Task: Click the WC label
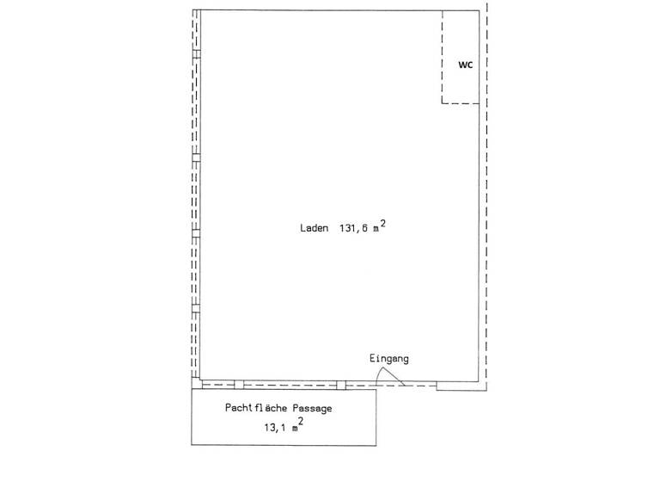coord(465,65)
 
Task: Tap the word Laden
coord(315,229)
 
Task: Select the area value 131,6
coord(354,229)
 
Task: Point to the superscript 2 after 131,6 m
coord(382,223)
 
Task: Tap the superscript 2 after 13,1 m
coord(301,420)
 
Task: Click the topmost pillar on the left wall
coord(196,53)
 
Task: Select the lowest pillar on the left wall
coord(196,307)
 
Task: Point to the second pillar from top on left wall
coord(196,158)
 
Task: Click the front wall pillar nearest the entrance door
coord(341,385)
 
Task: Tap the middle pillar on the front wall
coord(239,385)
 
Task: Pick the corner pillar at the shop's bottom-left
coord(196,384)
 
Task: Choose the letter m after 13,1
coord(294,427)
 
